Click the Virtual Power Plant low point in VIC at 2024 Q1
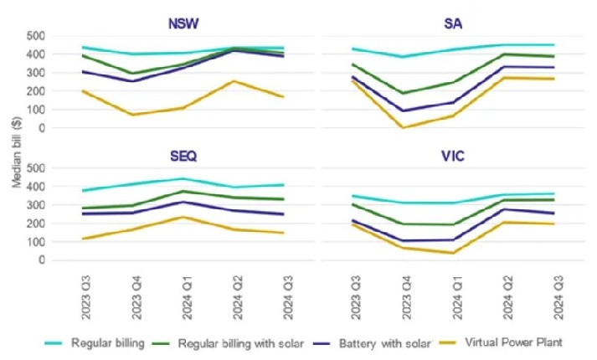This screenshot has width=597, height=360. click(452, 253)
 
